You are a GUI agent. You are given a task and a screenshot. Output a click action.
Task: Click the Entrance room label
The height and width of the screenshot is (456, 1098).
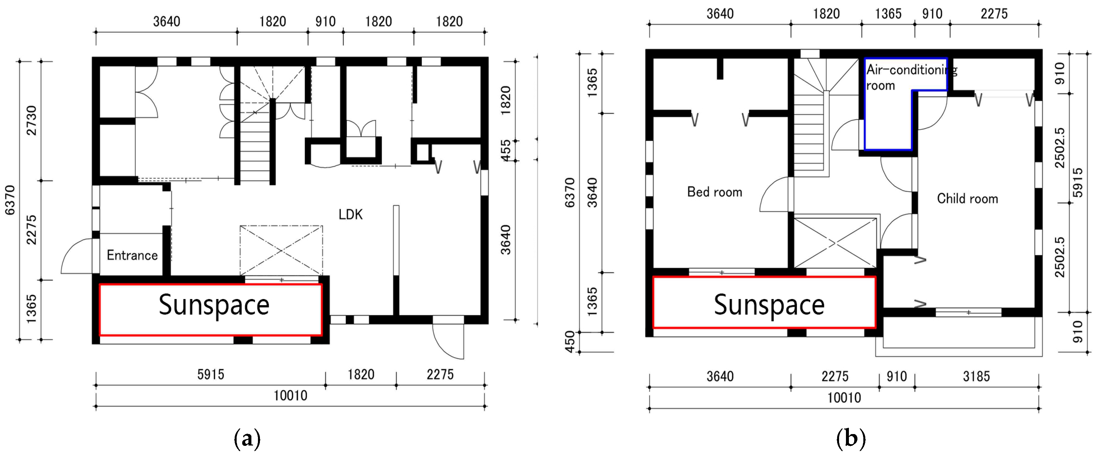point(132,255)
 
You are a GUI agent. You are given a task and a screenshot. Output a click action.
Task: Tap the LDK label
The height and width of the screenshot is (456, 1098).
point(351,214)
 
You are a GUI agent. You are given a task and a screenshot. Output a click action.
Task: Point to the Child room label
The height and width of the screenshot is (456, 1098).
point(968,199)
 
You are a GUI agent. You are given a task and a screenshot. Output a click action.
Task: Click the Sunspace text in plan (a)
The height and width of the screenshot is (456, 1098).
point(214,305)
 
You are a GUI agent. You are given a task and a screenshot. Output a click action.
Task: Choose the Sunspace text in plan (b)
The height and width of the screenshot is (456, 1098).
point(769,305)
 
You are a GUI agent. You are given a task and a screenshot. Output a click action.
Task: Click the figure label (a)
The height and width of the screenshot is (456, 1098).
point(247,439)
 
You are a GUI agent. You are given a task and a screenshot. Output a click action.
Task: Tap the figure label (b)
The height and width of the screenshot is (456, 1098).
point(851,439)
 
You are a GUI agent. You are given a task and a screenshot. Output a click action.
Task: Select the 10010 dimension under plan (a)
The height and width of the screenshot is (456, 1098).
point(290,395)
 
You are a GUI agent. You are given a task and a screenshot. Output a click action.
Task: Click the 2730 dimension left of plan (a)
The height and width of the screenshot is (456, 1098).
point(31,121)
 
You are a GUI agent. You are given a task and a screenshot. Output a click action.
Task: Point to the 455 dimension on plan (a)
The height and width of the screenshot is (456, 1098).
point(505,150)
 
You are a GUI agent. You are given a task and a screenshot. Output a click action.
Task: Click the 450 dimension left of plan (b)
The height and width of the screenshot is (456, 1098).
point(570,342)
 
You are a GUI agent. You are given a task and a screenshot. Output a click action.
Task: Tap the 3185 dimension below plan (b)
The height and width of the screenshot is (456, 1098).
point(976,376)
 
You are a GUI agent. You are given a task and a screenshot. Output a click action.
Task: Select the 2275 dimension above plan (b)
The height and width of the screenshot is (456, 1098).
point(994,14)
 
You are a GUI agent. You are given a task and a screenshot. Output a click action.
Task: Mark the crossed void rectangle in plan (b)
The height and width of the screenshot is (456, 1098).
point(835,243)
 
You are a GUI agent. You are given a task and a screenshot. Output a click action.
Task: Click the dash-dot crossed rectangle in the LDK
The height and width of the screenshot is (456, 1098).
point(281,250)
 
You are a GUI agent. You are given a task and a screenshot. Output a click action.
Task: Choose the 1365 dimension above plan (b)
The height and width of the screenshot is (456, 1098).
point(888,14)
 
